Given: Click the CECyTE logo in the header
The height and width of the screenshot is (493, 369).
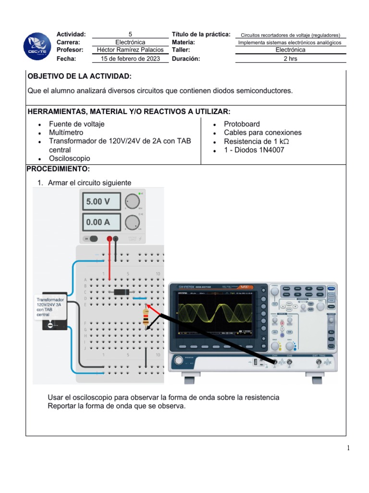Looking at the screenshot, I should pyautogui.click(x=37, y=47).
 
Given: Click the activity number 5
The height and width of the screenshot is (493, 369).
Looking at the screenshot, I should pyautogui.click(x=130, y=34).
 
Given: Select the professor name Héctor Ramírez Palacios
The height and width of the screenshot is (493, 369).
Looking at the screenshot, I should pyautogui.click(x=130, y=50).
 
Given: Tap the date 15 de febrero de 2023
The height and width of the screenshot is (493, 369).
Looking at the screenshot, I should pyautogui.click(x=130, y=59).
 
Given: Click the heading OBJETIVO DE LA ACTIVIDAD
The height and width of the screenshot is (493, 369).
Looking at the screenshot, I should pyautogui.click(x=79, y=77).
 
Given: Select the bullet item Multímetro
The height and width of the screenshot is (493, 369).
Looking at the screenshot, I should pyautogui.click(x=66, y=132).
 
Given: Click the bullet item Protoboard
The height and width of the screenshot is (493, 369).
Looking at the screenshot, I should pyautogui.click(x=242, y=124).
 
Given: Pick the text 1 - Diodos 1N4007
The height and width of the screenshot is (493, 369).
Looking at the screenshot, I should pyautogui.click(x=254, y=150).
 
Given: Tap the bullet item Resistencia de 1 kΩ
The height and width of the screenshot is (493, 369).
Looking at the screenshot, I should pyautogui.click(x=256, y=141).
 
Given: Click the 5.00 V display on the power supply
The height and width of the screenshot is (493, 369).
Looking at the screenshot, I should pyautogui.click(x=101, y=201).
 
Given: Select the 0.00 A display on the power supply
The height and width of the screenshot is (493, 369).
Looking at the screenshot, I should pyautogui.click(x=101, y=222).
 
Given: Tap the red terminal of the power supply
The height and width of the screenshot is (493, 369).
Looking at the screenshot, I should pyautogui.click(x=110, y=239).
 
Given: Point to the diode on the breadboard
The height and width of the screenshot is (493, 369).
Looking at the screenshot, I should pyautogui.click(x=118, y=292).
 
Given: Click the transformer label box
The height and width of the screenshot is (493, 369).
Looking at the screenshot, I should pyautogui.click(x=50, y=311).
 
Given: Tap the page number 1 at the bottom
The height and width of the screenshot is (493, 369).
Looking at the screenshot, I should pyautogui.click(x=348, y=449).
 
